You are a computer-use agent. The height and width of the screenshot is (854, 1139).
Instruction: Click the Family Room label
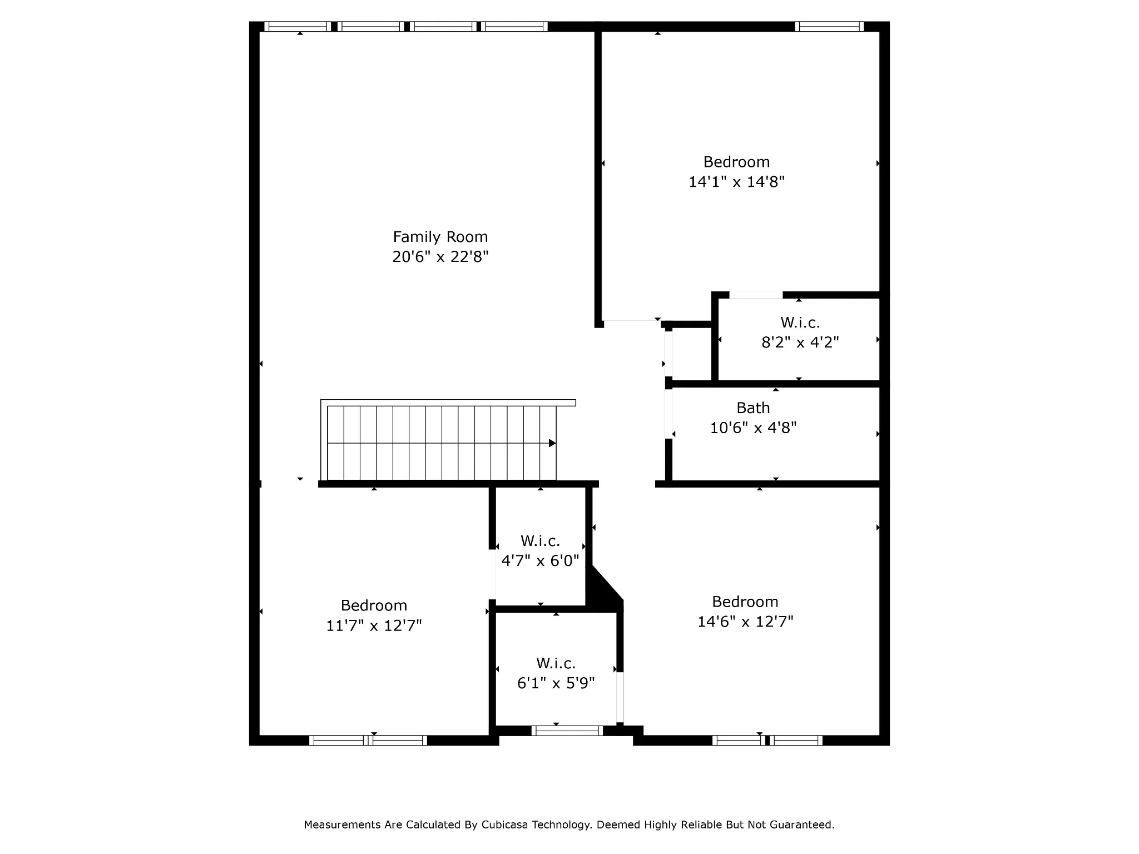(x=440, y=237)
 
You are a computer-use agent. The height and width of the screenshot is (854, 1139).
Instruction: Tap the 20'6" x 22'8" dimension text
(x=440, y=257)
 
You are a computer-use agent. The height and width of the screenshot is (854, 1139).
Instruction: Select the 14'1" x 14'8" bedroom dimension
(x=736, y=182)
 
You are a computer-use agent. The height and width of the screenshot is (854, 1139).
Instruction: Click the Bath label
(x=753, y=408)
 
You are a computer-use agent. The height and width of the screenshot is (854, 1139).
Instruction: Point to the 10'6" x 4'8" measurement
(x=753, y=428)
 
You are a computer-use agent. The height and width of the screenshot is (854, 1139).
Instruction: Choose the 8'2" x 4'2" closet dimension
(x=800, y=342)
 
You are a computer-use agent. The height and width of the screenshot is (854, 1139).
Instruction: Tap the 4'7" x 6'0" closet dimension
(x=540, y=560)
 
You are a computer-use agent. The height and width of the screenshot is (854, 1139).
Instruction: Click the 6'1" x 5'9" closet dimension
(x=556, y=683)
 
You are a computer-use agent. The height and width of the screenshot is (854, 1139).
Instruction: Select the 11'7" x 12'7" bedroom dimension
(x=374, y=625)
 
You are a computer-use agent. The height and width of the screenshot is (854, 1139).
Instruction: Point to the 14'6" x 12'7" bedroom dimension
(x=745, y=621)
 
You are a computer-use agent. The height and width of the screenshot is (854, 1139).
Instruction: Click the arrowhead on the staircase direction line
(x=552, y=443)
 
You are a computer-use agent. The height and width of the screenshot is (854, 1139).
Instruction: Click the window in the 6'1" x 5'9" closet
(x=567, y=731)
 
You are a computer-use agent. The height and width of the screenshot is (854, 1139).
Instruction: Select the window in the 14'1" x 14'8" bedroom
(x=829, y=27)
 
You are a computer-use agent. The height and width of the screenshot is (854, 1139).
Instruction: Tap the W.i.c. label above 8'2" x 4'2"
(x=800, y=322)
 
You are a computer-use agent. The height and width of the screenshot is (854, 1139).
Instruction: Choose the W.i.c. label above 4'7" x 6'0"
(x=540, y=540)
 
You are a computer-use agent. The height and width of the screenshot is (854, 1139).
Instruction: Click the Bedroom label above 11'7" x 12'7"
(x=374, y=605)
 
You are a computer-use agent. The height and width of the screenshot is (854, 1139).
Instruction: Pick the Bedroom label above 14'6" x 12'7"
(x=745, y=602)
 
